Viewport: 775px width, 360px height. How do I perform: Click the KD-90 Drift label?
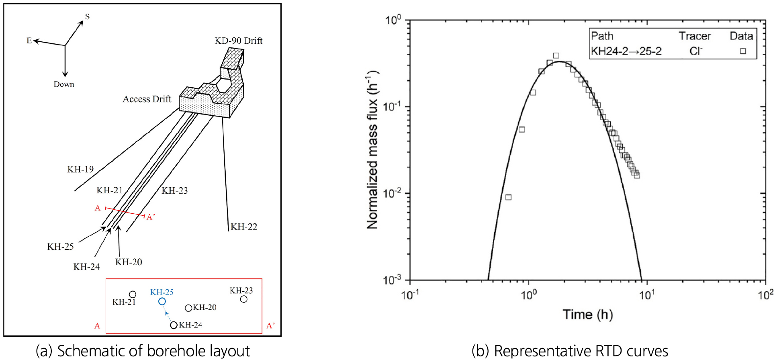[238, 41]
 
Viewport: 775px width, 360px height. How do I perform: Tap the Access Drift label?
[147, 99]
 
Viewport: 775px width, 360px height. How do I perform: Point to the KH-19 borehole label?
[80, 169]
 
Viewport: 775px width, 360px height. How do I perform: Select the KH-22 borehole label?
[244, 227]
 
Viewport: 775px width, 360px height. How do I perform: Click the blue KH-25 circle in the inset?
[162, 301]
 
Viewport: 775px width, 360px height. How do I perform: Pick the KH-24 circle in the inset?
[174, 325]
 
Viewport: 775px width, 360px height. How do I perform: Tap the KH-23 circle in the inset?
[244, 299]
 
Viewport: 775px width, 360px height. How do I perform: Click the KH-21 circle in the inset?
[133, 295]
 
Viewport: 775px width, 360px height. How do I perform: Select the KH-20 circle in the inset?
[188, 308]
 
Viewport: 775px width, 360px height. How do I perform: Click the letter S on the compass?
[87, 16]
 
